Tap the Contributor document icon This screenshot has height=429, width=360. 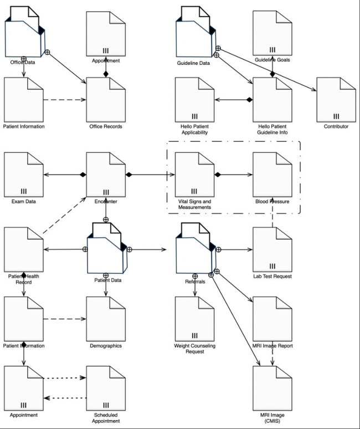[x=336, y=98]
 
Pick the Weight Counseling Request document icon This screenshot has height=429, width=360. [x=194, y=318]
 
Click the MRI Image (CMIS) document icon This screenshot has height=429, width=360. [x=272, y=386]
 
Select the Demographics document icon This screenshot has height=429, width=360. [x=106, y=318]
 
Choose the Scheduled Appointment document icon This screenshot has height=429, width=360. [x=106, y=386]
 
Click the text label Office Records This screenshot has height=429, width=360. [x=106, y=126]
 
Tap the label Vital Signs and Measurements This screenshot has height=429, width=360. [x=194, y=205]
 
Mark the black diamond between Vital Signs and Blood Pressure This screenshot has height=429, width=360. [x=219, y=175]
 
